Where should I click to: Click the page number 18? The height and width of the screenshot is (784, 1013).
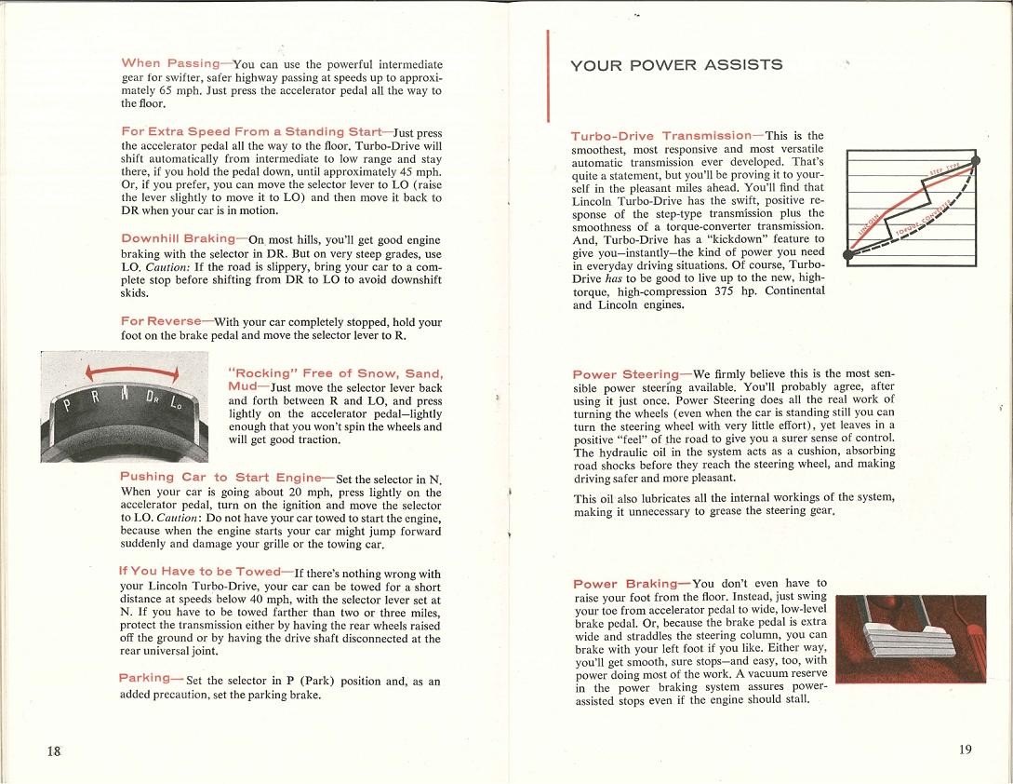pyautogui.click(x=54, y=751)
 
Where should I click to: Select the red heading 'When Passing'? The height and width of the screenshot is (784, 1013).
pyautogui.click(x=170, y=63)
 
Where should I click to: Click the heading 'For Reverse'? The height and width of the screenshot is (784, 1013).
pyautogui.click(x=161, y=321)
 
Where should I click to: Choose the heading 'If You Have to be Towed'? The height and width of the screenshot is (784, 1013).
pyautogui.click(x=200, y=572)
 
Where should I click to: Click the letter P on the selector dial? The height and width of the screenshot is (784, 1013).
pyautogui.click(x=67, y=406)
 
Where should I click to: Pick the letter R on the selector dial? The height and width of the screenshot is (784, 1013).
pyautogui.click(x=97, y=399)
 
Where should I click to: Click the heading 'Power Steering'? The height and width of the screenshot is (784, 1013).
pyautogui.click(x=626, y=374)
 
